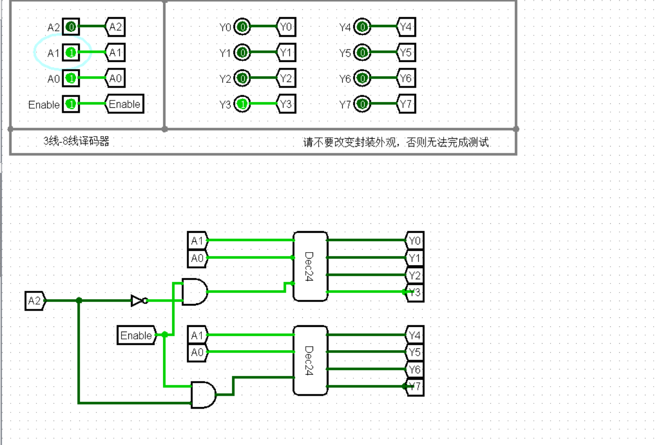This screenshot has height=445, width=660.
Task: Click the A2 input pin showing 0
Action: pos(71,27)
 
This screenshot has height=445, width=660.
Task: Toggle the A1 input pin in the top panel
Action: pos(71,53)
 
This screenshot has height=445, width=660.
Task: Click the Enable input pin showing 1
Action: pos(71,104)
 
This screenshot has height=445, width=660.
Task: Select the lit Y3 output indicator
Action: pos(243,104)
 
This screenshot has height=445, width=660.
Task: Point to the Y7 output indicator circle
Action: pos(362,104)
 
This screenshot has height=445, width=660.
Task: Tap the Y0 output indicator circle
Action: pos(243,27)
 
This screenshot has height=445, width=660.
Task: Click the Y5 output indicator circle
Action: pos(362,53)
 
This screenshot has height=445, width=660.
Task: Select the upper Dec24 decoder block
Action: pos(310,266)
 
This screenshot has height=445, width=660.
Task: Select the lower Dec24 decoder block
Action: pos(310,360)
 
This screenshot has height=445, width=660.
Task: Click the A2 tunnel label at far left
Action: pos(35,301)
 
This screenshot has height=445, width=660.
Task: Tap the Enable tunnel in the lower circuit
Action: pos(136,335)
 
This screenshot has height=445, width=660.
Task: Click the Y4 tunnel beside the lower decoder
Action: pos(414,335)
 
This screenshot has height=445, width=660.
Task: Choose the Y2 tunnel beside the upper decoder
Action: pos(414,275)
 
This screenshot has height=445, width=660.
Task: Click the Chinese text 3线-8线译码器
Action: pos(76,141)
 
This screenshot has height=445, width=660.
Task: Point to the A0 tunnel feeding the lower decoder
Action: pos(197,352)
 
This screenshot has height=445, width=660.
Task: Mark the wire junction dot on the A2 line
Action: pos(79,301)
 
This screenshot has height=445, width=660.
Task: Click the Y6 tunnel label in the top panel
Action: pos(406,79)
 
